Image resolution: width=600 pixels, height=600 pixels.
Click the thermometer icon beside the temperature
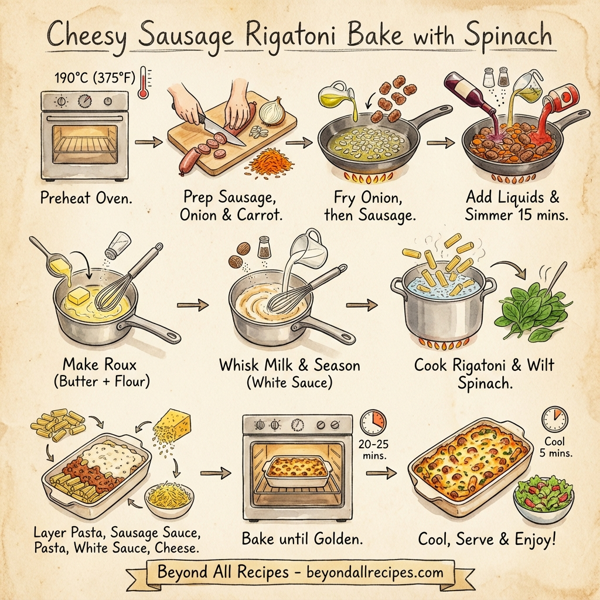pos(147,79)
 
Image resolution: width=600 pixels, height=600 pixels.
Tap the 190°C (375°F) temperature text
pos(94,77)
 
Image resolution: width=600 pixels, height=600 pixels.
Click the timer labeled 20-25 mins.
pos(372,420)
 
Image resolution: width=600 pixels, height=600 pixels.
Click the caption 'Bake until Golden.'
pos(301,539)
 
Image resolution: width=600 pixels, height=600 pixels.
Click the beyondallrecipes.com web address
pos(369,573)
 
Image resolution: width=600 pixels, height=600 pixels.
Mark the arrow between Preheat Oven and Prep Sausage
pos(148,143)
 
